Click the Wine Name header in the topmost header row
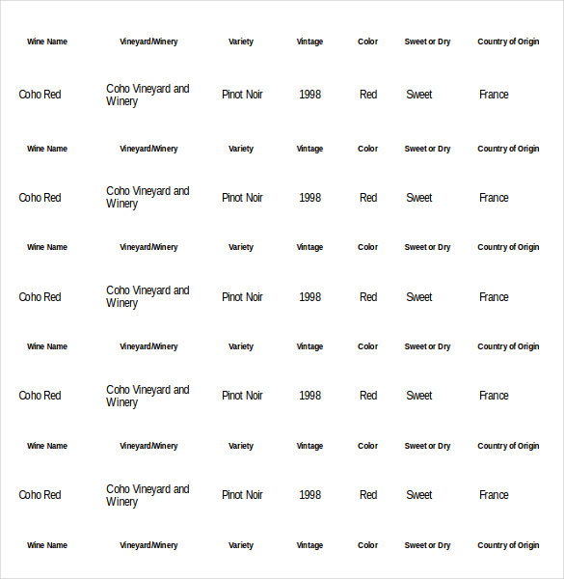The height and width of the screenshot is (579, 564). [x=47, y=41]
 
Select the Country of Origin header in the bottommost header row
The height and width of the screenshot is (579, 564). [x=508, y=545]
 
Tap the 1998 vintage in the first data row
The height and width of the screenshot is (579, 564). [x=309, y=95]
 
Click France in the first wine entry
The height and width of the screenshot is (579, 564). [x=494, y=95]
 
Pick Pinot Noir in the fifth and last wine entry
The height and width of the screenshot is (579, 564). [x=242, y=495]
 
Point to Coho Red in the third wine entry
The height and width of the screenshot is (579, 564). [x=40, y=297]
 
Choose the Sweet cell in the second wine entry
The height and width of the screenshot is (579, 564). [x=418, y=198]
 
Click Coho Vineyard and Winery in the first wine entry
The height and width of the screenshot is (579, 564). [x=148, y=95]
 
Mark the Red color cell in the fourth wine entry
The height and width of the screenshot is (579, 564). [x=368, y=396]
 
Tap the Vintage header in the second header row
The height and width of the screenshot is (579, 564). [x=309, y=149]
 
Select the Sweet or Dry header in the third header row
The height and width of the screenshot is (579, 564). [x=427, y=247]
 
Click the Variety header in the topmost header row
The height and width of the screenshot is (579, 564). [x=241, y=41]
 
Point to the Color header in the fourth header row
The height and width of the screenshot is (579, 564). [x=367, y=346]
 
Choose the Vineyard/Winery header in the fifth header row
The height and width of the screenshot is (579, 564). [x=148, y=446]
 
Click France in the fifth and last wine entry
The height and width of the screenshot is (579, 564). [x=494, y=495]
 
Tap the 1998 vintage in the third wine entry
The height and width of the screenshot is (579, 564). [x=309, y=297]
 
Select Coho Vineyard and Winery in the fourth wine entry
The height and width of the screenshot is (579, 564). [x=148, y=396]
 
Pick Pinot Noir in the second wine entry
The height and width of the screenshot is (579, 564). [x=242, y=198]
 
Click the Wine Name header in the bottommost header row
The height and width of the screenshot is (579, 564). [x=47, y=545]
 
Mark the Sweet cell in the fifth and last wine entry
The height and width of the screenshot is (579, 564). [x=418, y=495]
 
